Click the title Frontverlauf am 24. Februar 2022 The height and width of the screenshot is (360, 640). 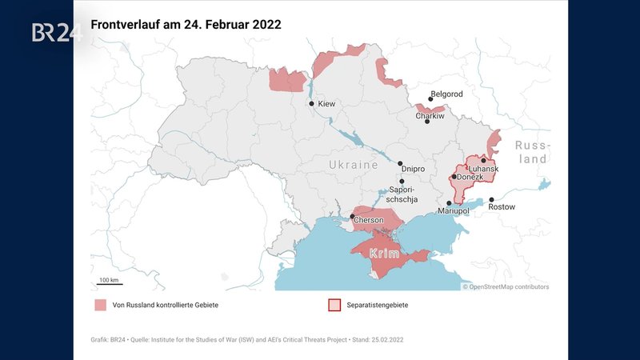tap(186, 25)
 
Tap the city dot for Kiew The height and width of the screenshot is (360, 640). tap(312, 104)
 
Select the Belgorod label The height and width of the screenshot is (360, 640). tap(446, 93)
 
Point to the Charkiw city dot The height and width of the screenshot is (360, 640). tap(427, 122)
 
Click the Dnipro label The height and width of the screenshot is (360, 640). tap(412, 169)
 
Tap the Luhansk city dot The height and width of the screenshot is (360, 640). tap(483, 161)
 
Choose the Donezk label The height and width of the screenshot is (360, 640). tap(470, 177)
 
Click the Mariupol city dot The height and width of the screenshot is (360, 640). tap(449, 203)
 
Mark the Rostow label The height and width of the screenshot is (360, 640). tap(502, 207)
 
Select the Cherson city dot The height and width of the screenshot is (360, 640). tap(352, 216)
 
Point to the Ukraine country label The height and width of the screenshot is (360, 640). tap(353, 165)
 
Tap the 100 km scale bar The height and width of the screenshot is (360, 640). tap(109, 283)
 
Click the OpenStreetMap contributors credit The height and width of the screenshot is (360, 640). tap(506, 286)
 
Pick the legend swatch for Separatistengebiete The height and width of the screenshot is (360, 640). tap(334, 305)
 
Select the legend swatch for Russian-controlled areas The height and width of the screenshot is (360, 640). tap(99, 305)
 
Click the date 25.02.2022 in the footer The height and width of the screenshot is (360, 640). tap(386, 340)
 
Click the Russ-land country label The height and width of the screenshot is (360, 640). tap(531, 152)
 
